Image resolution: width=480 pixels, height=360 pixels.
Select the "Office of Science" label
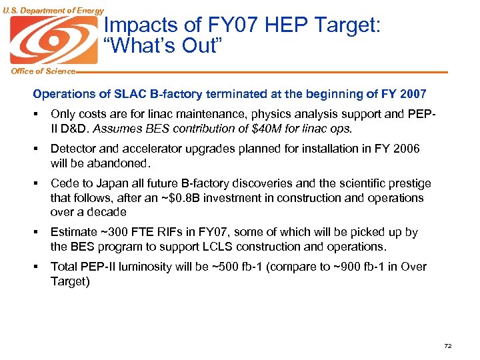(x=38, y=71)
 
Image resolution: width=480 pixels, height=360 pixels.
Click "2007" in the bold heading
(x=412, y=94)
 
